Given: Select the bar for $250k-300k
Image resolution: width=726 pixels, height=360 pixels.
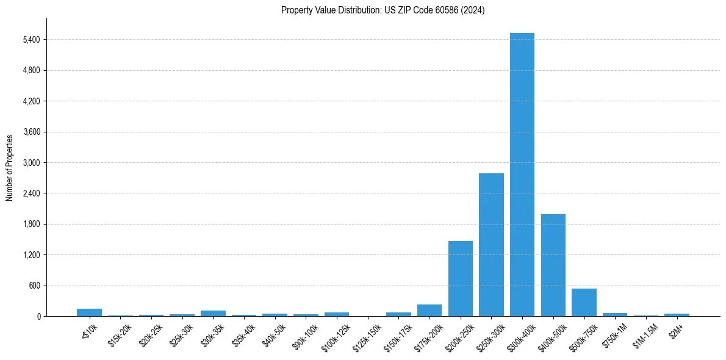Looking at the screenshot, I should (491, 245).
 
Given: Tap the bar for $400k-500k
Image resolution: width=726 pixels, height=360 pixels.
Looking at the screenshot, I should (553, 265).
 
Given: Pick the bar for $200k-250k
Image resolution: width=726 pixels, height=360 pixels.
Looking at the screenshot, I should (461, 278).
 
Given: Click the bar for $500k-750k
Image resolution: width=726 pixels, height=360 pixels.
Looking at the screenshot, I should (584, 302).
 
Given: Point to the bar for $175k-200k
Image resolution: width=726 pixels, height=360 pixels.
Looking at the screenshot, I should (429, 310).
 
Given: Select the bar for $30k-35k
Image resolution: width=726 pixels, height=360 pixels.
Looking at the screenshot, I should (213, 313).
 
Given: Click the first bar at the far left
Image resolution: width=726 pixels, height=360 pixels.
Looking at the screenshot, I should (89, 312).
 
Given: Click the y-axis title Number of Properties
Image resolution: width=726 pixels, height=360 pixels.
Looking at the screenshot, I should (10, 167).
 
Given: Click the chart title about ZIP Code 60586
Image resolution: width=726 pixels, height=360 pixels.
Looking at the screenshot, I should (383, 10).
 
